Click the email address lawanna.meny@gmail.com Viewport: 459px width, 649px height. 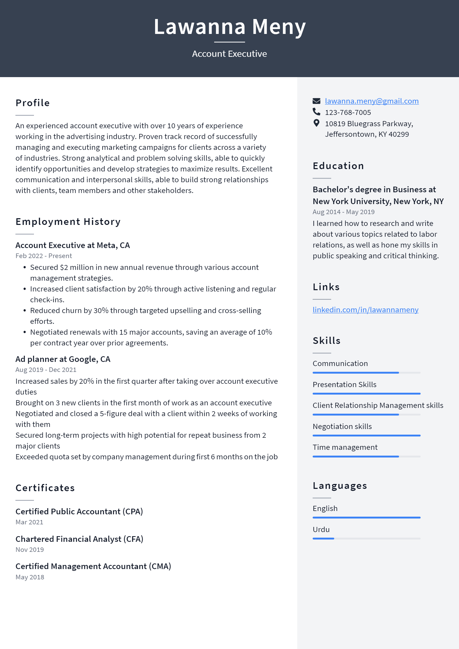pos(372,101)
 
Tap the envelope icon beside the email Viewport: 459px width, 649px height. pos(316,101)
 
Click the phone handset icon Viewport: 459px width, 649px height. pos(316,112)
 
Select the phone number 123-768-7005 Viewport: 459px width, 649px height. pos(348,113)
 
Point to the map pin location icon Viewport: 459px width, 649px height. pos(316,123)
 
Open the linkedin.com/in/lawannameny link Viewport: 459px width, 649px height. pos(365,310)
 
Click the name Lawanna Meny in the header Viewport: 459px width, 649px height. pos(229,27)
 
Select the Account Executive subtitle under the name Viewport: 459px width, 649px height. pos(229,54)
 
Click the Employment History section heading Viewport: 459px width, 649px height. pos(68,222)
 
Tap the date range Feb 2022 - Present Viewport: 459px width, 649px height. pos(43,256)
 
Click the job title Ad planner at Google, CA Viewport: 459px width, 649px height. pos(63,359)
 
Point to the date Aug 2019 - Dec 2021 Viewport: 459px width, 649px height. pos(46,370)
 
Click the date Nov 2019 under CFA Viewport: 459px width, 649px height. pos(30,550)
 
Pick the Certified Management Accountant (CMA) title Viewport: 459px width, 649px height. pos(93,566)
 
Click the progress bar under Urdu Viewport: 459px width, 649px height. pos(366,538)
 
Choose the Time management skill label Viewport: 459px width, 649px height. pos(345,447)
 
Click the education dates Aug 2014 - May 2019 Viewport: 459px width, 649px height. pos(343,212)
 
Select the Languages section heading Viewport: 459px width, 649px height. pos(340,486)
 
